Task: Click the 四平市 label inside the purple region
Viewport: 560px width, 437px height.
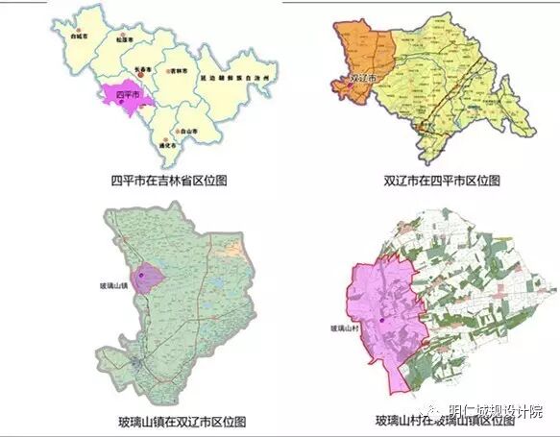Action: tap(123, 97)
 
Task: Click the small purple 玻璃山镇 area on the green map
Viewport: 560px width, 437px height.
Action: tap(150, 279)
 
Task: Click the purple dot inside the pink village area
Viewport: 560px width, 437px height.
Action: tap(381, 320)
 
